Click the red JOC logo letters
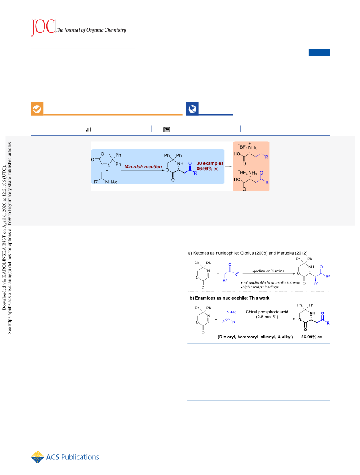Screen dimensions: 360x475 coord(43,27)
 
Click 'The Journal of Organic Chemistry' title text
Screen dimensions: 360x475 coord(91,30)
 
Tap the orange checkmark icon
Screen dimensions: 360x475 coord(37,109)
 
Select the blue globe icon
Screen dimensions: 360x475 coord(192,109)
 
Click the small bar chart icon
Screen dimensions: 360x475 coord(88,130)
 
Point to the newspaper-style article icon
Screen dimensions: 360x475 coord(166,130)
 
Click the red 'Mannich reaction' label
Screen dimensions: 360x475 coord(143,166)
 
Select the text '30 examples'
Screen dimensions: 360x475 coord(210,163)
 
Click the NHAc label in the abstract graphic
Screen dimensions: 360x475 coord(111,182)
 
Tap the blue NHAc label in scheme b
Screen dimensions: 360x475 coord(232,312)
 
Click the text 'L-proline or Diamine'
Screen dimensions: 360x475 coord(267,271)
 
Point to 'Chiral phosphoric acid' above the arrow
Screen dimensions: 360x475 coord(267,312)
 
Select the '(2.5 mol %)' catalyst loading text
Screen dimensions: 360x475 coord(267,317)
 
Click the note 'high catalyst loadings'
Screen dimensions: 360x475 coord(260,287)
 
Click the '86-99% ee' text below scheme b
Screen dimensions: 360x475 coord(311,337)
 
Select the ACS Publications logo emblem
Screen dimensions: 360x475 coord(37,457)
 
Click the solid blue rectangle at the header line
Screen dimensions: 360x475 coord(319,53)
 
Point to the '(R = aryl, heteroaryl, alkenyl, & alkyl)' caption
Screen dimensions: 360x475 coord(255,337)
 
